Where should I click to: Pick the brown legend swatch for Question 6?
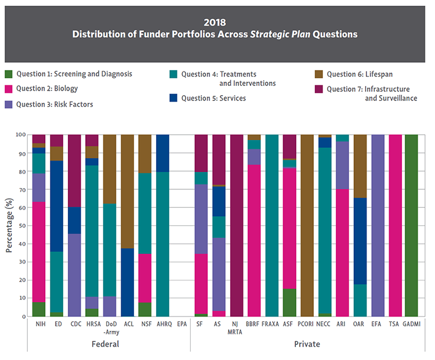pyautogui.click(x=318, y=74)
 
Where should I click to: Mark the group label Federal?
pyautogui.click(x=106, y=344)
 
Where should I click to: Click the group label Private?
pyautogui.click(x=307, y=344)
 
